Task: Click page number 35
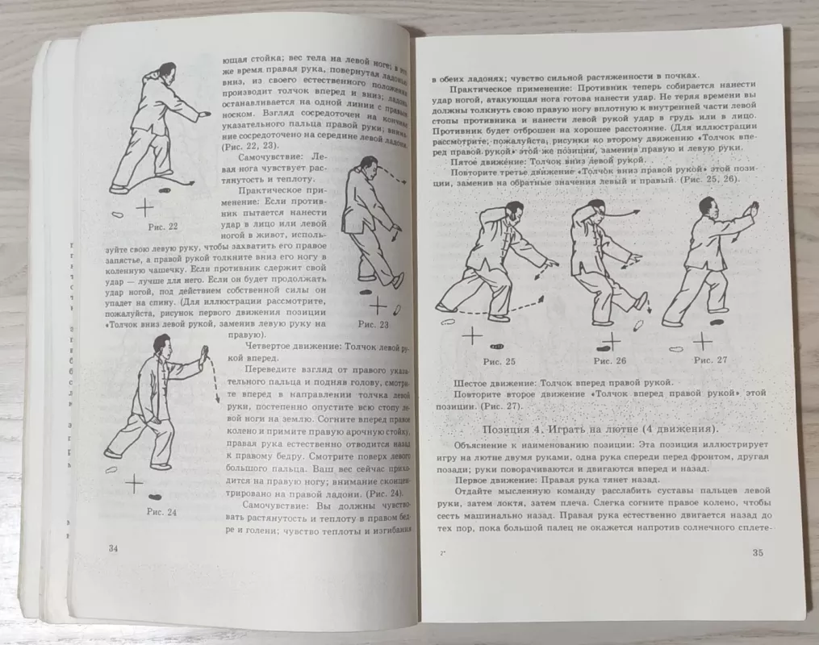757,553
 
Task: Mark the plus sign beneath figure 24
134,482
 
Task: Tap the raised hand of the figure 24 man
204,352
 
